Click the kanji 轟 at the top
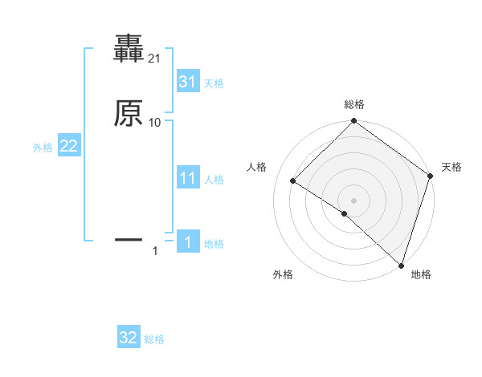point(129,49)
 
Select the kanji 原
point(129,114)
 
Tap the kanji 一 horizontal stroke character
point(129,239)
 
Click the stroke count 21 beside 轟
point(154,59)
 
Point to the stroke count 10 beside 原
point(154,122)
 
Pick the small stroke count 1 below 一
point(155,252)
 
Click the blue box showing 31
point(188,82)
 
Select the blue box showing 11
point(188,178)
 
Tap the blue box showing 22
point(69,147)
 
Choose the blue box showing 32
point(129,338)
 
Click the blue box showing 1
point(188,242)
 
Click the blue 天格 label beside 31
point(214,83)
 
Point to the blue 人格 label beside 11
point(214,180)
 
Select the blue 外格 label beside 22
point(43,148)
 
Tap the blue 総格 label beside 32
point(154,339)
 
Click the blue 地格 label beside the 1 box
point(214,244)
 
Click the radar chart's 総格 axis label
point(353,104)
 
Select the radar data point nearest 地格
point(401,264)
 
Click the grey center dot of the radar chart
point(353,200)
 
